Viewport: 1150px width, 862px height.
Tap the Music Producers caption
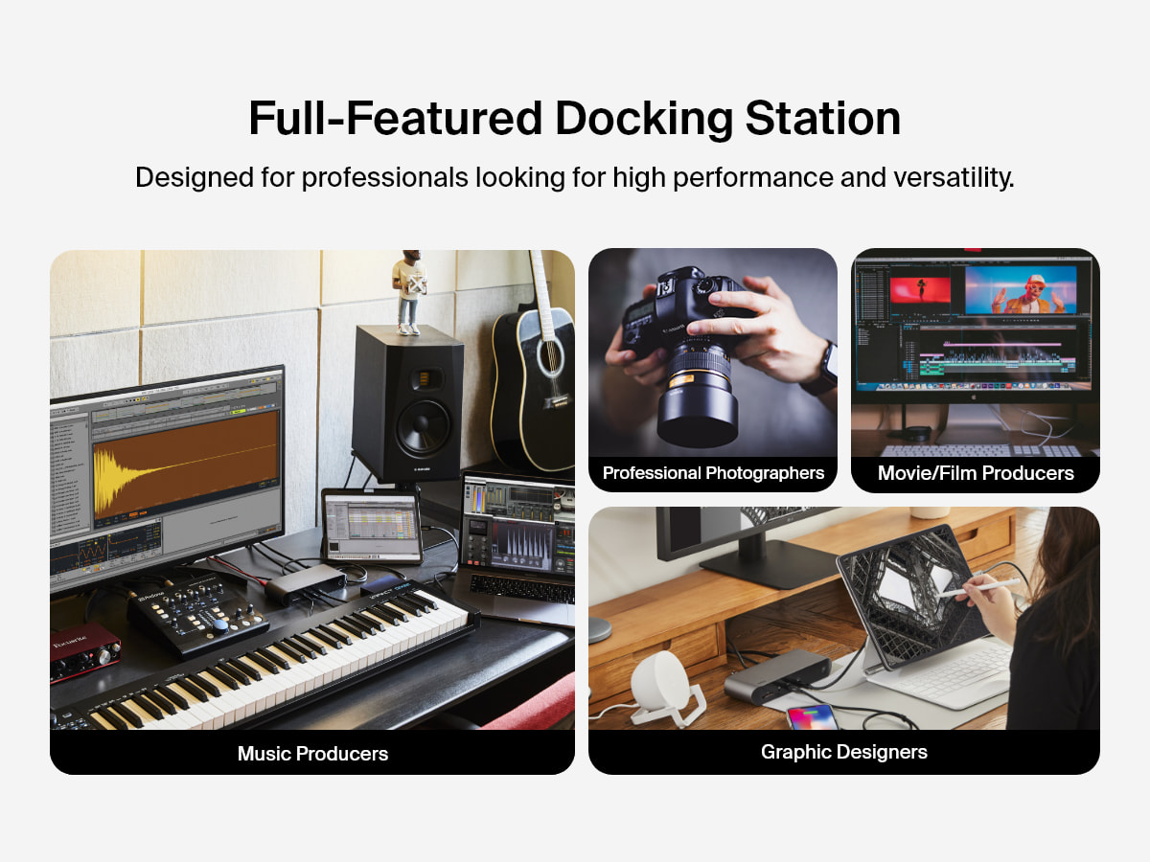tap(312, 754)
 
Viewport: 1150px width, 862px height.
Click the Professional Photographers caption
tap(713, 473)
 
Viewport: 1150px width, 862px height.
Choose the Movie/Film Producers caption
tap(976, 473)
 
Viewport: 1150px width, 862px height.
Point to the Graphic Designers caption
tap(843, 752)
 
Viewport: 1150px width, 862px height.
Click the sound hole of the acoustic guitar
tap(550, 357)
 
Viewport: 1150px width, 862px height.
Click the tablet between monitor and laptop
tap(371, 525)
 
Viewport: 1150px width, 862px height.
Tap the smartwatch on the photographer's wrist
tap(823, 369)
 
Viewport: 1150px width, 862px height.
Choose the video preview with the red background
tap(919, 290)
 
